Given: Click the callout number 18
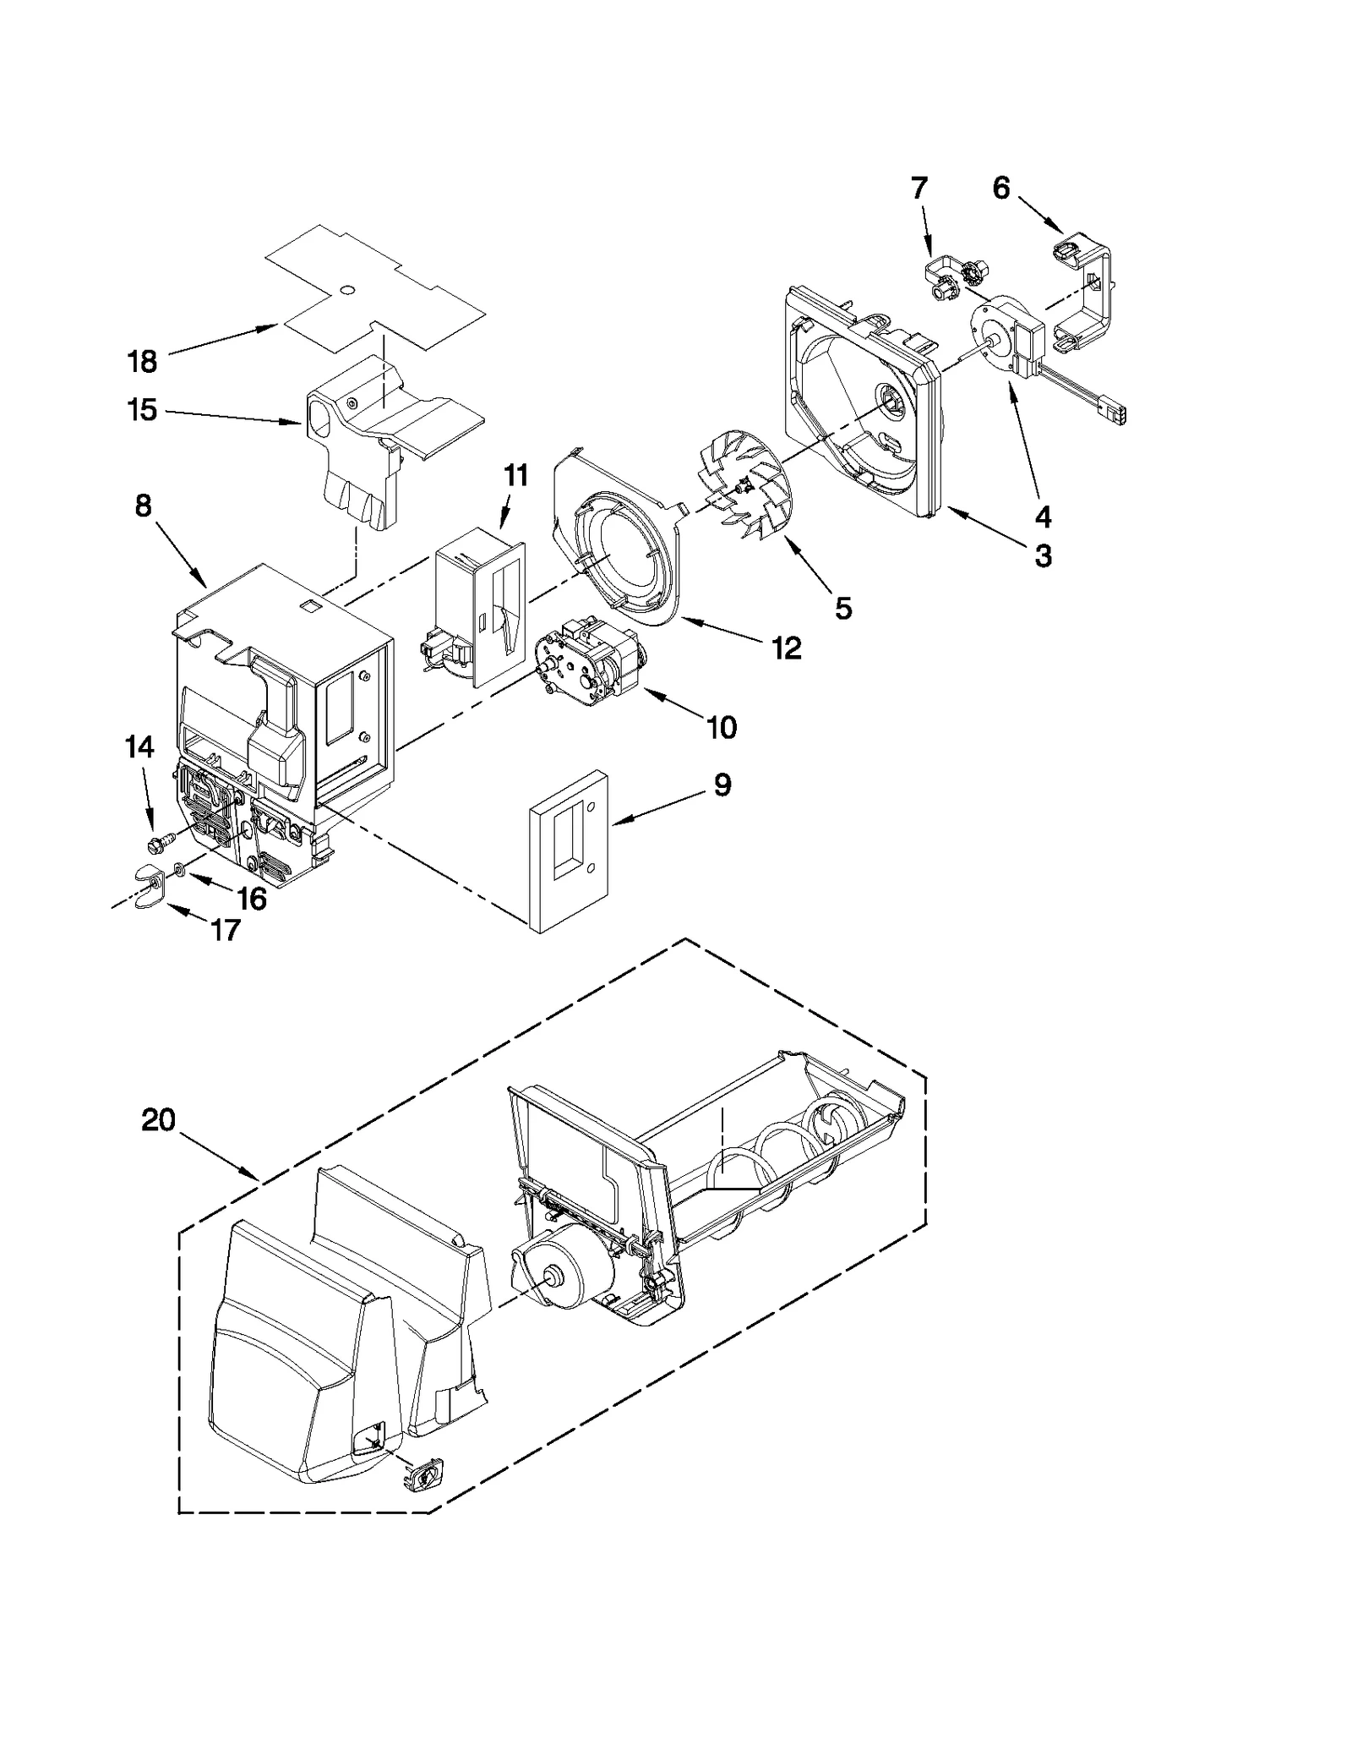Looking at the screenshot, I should (x=142, y=362).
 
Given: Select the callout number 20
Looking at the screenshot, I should (x=158, y=1121).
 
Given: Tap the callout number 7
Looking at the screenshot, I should (x=919, y=188).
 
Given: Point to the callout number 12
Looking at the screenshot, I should (x=786, y=648).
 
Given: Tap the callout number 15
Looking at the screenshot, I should (x=142, y=410).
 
